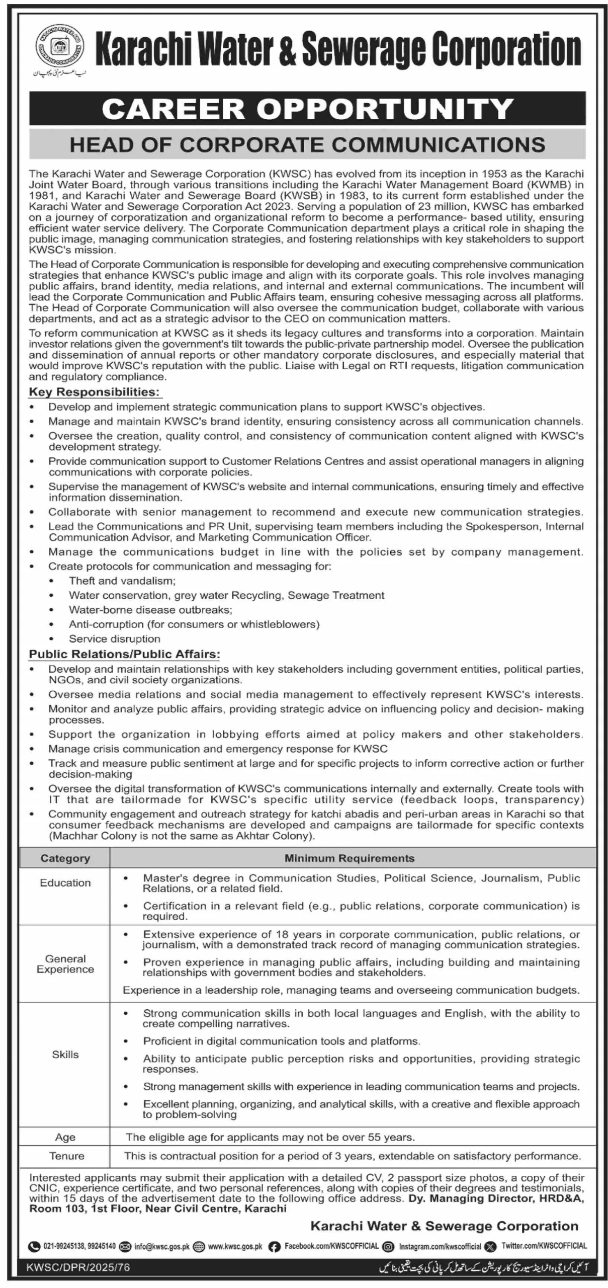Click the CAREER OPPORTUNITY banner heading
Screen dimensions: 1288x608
click(307, 108)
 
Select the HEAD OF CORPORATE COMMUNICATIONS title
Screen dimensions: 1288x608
click(307, 144)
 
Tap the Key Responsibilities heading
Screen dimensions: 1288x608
click(94, 392)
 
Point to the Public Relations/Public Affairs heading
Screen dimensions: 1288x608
click(124, 654)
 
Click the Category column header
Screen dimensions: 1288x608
click(65, 858)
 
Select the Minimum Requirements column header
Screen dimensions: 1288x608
click(350, 858)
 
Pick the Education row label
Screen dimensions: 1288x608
click(65, 882)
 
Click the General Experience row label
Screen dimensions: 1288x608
click(65, 964)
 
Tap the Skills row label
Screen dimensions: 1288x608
click(65, 1054)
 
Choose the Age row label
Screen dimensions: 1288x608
click(65, 1137)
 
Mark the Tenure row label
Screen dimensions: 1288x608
click(66, 1156)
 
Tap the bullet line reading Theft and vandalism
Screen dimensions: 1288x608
click(122, 581)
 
